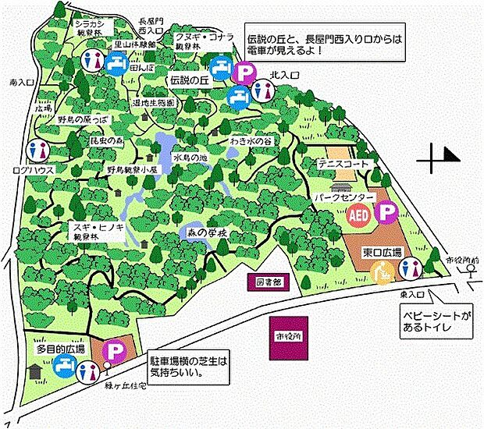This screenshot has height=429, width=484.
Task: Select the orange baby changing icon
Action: pos(382,272)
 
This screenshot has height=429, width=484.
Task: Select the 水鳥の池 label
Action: pos(191,158)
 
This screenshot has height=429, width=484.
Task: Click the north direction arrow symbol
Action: pos(439,161)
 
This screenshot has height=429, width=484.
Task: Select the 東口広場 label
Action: pos(382,253)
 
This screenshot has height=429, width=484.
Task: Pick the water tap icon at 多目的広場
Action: pos(86,372)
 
